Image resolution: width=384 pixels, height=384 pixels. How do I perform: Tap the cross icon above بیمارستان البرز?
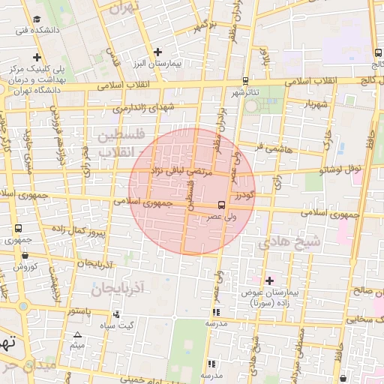coord(157,52)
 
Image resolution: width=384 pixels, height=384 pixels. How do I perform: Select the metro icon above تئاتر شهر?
coord(245,81)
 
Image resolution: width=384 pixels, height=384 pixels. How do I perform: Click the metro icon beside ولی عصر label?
coord(221,204)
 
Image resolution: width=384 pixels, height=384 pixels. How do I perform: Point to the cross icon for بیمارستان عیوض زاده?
coord(270,280)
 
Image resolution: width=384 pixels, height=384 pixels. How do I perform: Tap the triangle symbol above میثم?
coord(76,334)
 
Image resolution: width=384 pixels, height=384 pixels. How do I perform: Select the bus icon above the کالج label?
coord(376,53)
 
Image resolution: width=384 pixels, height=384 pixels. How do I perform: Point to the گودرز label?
coord(244,195)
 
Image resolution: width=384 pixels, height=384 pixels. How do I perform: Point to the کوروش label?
coord(25,266)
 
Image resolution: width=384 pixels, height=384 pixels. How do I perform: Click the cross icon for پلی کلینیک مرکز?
coord(37,57)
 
